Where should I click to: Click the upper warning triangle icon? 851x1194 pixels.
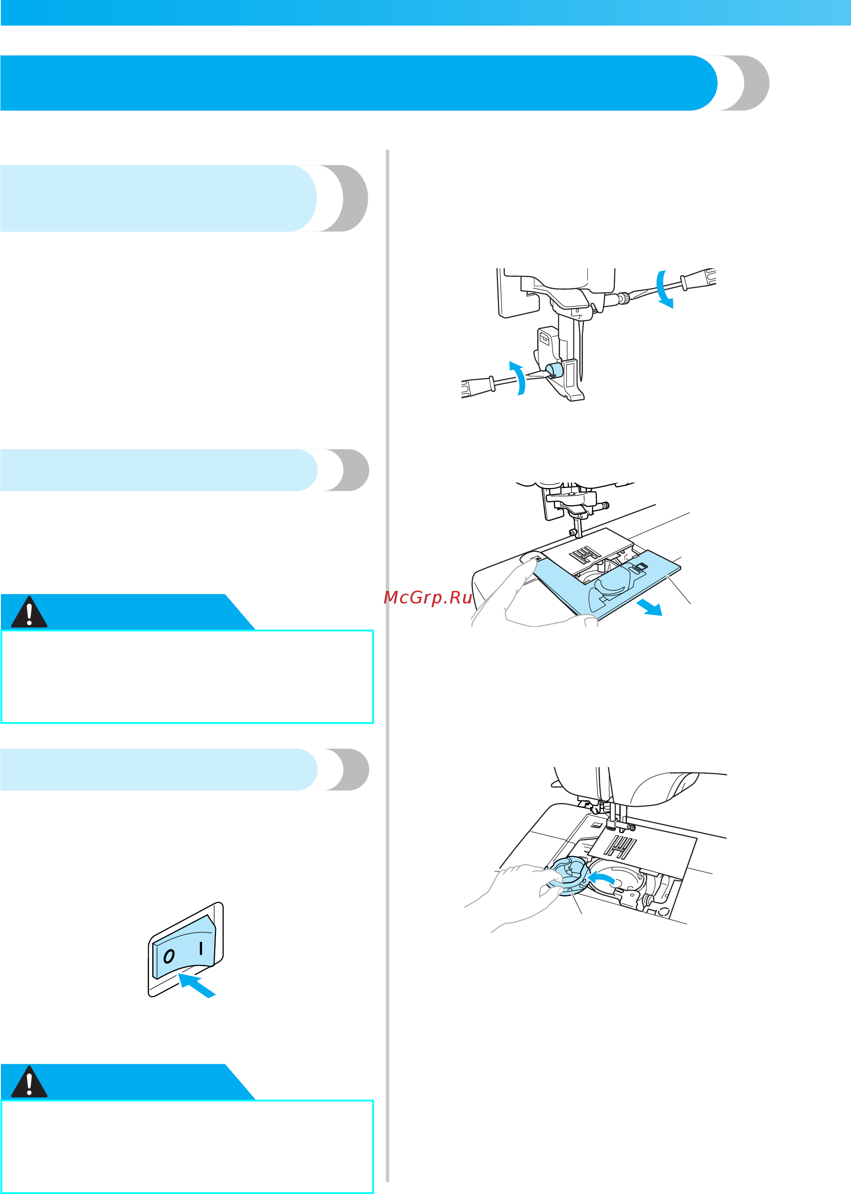(x=29, y=612)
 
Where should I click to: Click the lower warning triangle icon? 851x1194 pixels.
(x=29, y=1082)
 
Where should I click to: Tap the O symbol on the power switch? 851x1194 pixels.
(x=169, y=956)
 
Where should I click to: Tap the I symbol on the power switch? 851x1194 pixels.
(x=201, y=948)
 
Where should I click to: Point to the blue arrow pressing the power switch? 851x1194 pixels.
(x=197, y=985)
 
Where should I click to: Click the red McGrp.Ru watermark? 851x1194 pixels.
(x=428, y=597)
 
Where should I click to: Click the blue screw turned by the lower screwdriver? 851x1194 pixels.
(x=553, y=370)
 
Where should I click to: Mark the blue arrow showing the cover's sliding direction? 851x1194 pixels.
(x=649, y=608)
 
